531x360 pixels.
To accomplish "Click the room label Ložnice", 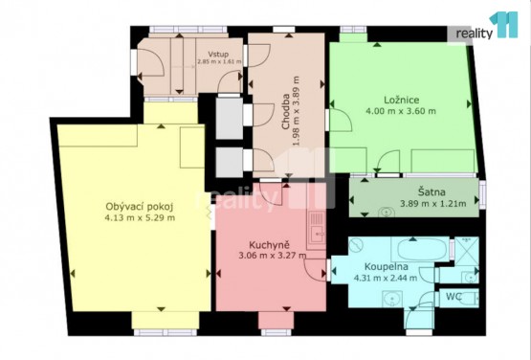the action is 401,100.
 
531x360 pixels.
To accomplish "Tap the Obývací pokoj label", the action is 140,207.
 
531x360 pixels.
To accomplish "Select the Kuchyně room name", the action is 269,245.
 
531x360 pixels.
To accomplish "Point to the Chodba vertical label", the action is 285,111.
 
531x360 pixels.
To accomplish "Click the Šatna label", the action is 431,192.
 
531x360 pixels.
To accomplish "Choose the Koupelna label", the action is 387,267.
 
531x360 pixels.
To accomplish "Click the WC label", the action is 454,297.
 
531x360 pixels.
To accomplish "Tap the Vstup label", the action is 218,55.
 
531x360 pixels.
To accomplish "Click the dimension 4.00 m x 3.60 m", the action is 401,111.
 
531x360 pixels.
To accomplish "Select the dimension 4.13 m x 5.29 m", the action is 140,217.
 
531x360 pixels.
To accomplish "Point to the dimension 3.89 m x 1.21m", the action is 433,204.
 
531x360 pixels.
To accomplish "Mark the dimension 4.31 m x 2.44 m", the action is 386,279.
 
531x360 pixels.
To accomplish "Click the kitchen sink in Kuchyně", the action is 317,230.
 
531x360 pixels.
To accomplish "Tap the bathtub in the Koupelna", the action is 421,250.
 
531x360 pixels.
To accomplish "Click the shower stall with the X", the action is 466,251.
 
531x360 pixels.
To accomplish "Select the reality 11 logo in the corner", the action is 487,26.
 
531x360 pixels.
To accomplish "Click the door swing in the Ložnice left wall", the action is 341,120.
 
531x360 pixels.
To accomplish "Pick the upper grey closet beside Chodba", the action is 230,119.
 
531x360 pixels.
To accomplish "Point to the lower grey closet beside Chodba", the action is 230,163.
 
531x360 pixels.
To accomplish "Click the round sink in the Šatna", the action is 386,213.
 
